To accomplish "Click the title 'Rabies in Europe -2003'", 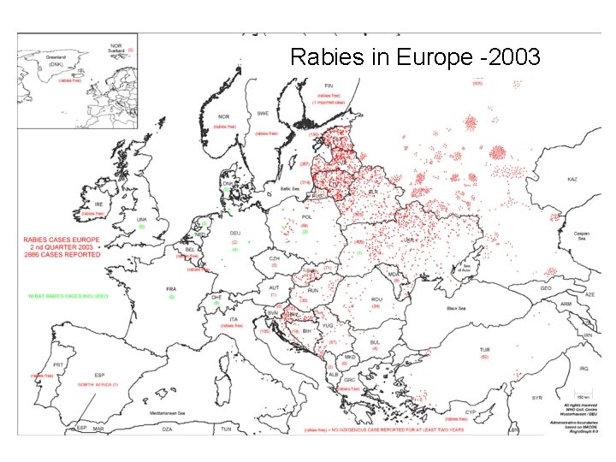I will coord(415,57).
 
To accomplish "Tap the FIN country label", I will coord(328,86).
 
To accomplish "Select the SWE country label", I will coord(264,113).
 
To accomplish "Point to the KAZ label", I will coord(572,180).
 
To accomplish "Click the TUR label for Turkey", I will coord(484,349).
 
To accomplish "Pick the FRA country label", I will coord(171,288).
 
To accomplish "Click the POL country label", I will coord(304,217).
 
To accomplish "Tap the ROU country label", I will coord(376,299).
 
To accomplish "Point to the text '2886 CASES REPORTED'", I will coord(62,255).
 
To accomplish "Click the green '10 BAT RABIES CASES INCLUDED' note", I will coord(68,296).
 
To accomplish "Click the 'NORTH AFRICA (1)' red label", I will coord(98,385).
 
